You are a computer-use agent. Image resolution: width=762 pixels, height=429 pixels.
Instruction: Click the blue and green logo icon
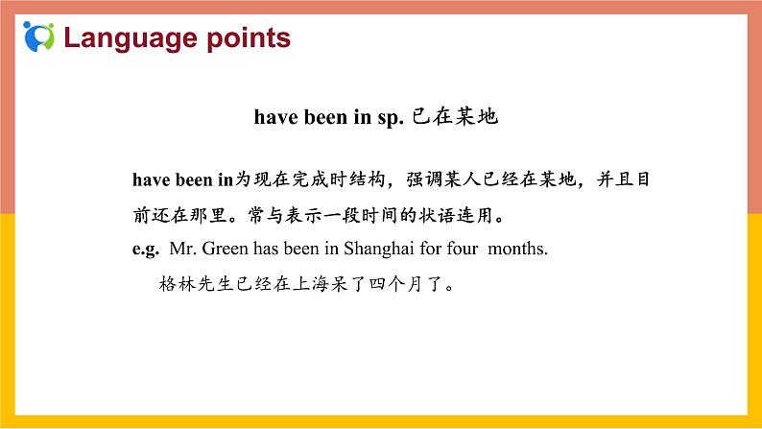pyautogui.click(x=39, y=36)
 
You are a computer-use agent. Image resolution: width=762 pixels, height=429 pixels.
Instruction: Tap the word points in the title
pyautogui.click(x=246, y=38)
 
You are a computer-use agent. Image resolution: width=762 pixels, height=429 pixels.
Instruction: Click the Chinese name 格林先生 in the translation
pyautogui.click(x=201, y=285)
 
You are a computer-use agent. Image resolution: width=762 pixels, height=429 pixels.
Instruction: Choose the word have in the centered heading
pyautogui.click(x=273, y=118)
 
